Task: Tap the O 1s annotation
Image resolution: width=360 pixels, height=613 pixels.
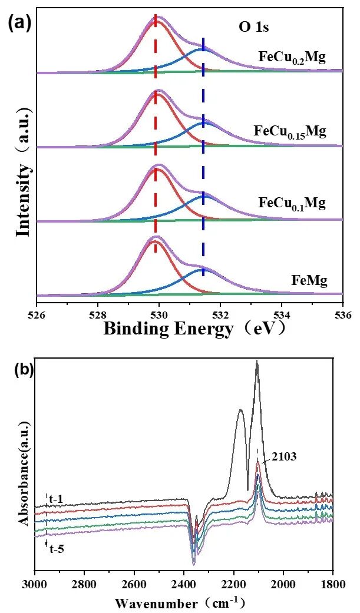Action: point(248,26)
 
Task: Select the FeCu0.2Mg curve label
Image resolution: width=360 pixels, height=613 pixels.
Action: point(292,57)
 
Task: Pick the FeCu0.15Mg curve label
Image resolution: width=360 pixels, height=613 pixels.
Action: point(289,131)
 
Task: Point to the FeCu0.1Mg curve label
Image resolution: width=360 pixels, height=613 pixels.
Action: point(292,204)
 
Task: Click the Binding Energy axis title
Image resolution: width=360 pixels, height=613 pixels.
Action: point(194,329)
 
